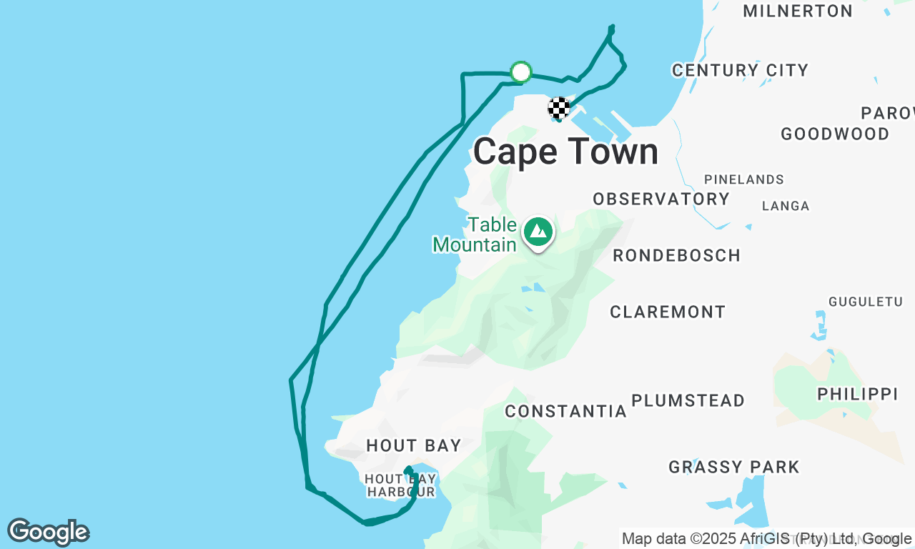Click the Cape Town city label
point(565,152)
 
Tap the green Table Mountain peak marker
point(538,232)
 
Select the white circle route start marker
point(521,72)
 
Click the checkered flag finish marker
point(559,108)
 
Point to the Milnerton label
point(798,11)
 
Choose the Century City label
point(740,70)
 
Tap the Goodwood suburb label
point(835,134)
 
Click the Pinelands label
point(744,179)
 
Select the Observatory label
point(661,199)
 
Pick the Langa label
point(786,206)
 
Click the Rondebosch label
point(676,255)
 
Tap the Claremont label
point(668,312)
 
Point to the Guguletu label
point(866,302)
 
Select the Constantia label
point(565,411)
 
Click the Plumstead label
point(688,400)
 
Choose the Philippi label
point(857,394)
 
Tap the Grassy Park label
point(734,468)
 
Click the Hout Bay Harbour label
point(400,485)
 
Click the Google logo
point(48,533)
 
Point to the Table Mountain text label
point(475,235)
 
